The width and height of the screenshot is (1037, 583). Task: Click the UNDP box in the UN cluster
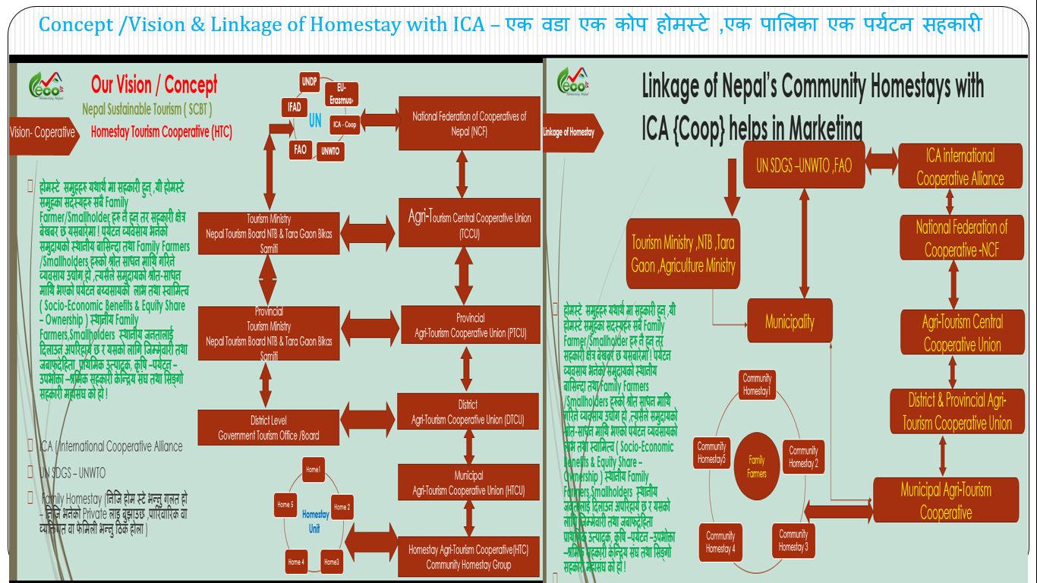click(309, 80)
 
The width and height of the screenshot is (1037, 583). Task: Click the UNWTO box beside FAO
click(330, 151)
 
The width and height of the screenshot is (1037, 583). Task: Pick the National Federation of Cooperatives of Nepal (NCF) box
click(469, 122)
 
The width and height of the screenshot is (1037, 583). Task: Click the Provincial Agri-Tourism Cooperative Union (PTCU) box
click(470, 325)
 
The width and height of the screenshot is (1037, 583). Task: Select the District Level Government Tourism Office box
click(269, 427)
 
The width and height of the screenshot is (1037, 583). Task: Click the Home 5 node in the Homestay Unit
click(285, 504)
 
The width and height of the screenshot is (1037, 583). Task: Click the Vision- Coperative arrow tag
click(43, 132)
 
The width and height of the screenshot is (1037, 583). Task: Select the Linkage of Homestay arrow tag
click(571, 132)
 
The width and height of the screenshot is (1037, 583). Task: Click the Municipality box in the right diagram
click(790, 322)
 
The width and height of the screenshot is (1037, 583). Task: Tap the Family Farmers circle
click(756, 466)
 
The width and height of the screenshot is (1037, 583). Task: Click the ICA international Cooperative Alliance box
click(960, 167)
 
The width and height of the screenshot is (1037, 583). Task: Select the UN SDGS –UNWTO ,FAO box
click(803, 165)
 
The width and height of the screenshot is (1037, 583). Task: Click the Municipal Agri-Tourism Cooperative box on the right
click(945, 500)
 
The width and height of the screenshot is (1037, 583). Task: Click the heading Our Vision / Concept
click(154, 84)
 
